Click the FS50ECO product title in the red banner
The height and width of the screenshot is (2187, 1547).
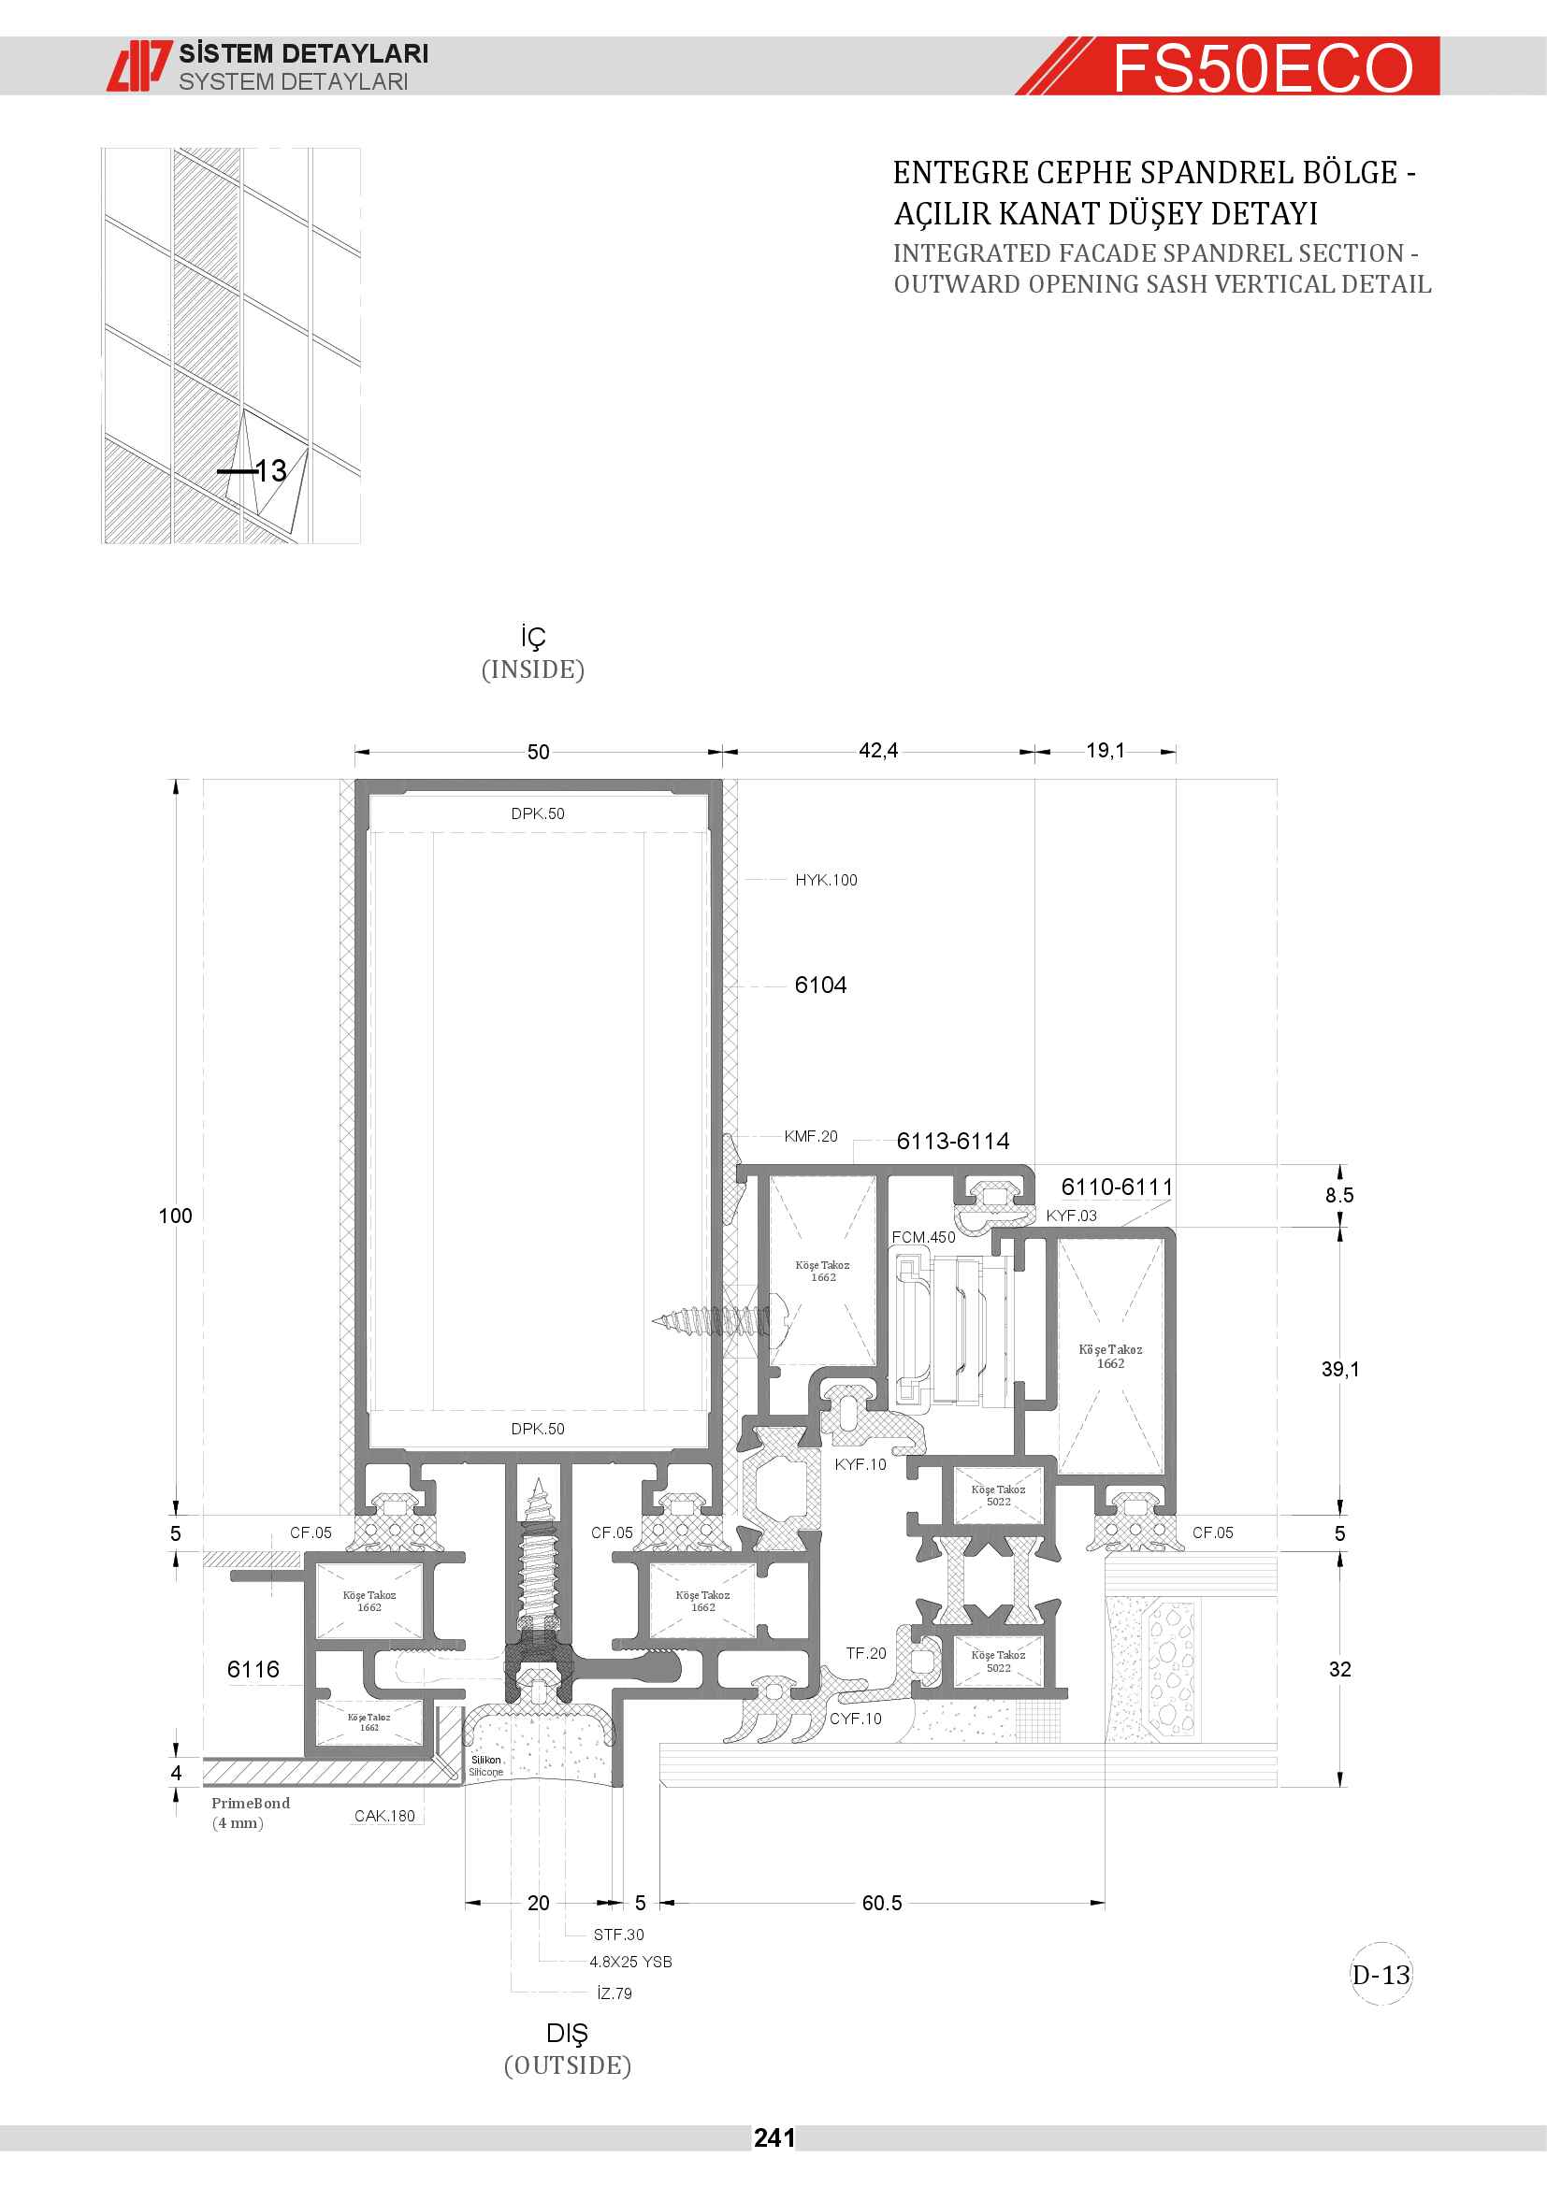pos(1262,67)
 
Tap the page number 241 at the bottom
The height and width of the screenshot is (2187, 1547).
pos(773,2138)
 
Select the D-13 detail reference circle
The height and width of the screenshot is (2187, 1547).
pos(1381,1975)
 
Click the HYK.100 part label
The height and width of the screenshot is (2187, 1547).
pos(826,880)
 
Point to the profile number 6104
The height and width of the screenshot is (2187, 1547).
pos(820,985)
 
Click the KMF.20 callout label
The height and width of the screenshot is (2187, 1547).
pos(811,1136)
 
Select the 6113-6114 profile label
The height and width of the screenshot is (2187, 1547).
pos(952,1141)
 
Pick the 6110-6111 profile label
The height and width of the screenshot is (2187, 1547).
pos(1117,1187)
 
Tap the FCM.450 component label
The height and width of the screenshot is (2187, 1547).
pos(923,1237)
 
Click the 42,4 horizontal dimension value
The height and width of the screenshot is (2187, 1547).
pos(878,751)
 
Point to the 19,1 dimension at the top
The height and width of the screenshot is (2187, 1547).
pos(1105,751)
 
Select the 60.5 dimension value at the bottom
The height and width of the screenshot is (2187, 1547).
pos(882,1903)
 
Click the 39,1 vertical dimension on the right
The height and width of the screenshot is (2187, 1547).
pos(1340,1369)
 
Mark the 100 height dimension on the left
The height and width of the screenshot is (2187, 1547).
pos(175,1216)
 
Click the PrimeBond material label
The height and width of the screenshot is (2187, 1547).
pos(251,1803)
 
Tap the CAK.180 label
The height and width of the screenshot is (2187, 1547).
pos(384,1816)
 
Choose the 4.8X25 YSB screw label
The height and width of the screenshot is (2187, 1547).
pos(630,1963)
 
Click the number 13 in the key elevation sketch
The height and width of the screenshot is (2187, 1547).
pos(270,470)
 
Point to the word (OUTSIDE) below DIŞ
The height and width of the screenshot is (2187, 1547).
pos(568,2066)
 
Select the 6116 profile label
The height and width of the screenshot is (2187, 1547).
pos(253,1669)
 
